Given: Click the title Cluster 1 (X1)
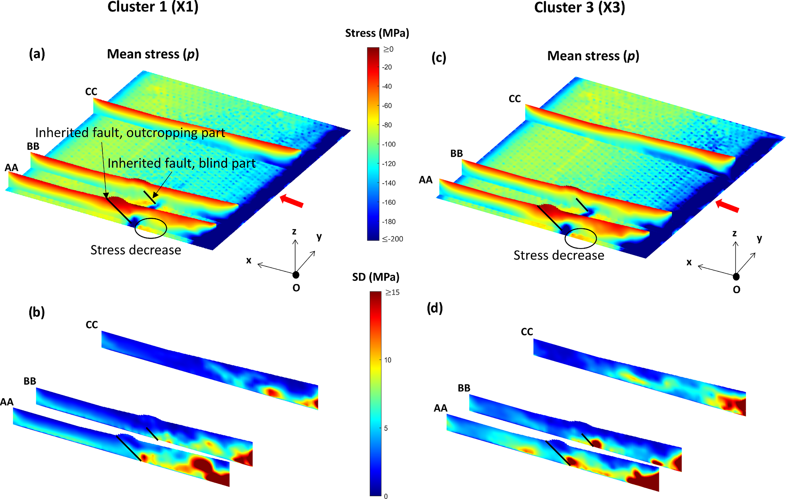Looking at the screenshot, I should tap(153, 7).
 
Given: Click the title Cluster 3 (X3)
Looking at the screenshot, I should tap(579, 7).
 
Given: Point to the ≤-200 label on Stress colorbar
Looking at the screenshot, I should tap(392, 239).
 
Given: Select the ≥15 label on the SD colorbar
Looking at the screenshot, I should tap(392, 292).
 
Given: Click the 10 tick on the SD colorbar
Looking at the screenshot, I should tap(387, 360).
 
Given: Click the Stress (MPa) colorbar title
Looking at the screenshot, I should tap(377, 33).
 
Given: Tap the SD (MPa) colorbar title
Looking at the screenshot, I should tap(376, 277).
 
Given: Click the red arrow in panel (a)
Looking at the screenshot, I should tap(292, 201).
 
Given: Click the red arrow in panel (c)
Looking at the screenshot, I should tap(727, 206).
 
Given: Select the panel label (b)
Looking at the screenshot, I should tap(37, 312).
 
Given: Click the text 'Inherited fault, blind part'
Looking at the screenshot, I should tap(181, 163).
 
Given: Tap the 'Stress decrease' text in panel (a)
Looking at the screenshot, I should tap(136, 250).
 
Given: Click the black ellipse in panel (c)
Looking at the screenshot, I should tap(581, 238).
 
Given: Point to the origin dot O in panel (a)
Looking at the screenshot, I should tap(296, 275).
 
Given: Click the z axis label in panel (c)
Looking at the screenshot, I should tap(734, 233).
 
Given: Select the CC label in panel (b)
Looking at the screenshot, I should tap(92, 325).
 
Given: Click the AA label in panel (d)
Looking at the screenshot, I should tap(440, 408).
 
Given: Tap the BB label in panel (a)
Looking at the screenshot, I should tap(33, 146).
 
